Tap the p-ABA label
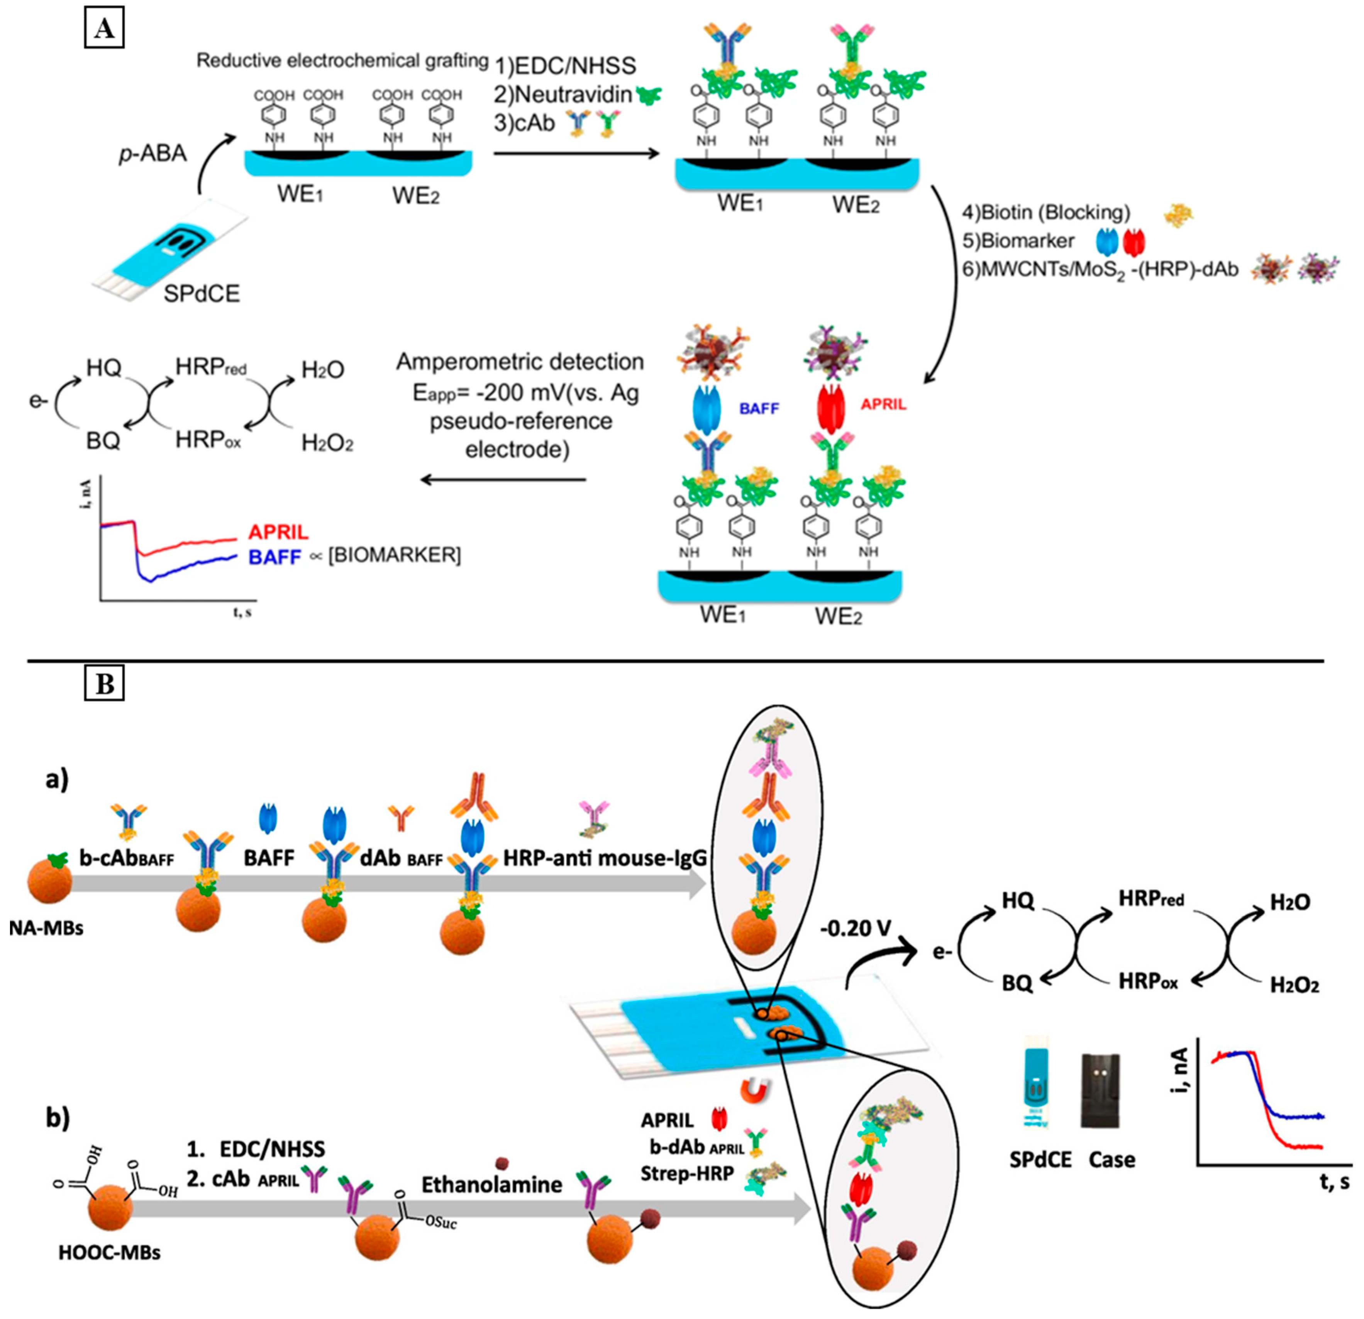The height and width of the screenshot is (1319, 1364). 152,153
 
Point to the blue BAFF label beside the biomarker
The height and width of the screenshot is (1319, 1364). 759,409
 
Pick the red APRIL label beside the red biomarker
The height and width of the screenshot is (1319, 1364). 884,404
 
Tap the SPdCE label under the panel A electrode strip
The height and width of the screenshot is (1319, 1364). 202,293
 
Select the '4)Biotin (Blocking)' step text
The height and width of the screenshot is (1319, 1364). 1046,212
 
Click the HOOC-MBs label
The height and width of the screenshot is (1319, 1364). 109,1253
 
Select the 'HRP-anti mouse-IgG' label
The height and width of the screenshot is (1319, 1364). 605,858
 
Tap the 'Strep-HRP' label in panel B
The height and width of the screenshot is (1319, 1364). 687,1173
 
